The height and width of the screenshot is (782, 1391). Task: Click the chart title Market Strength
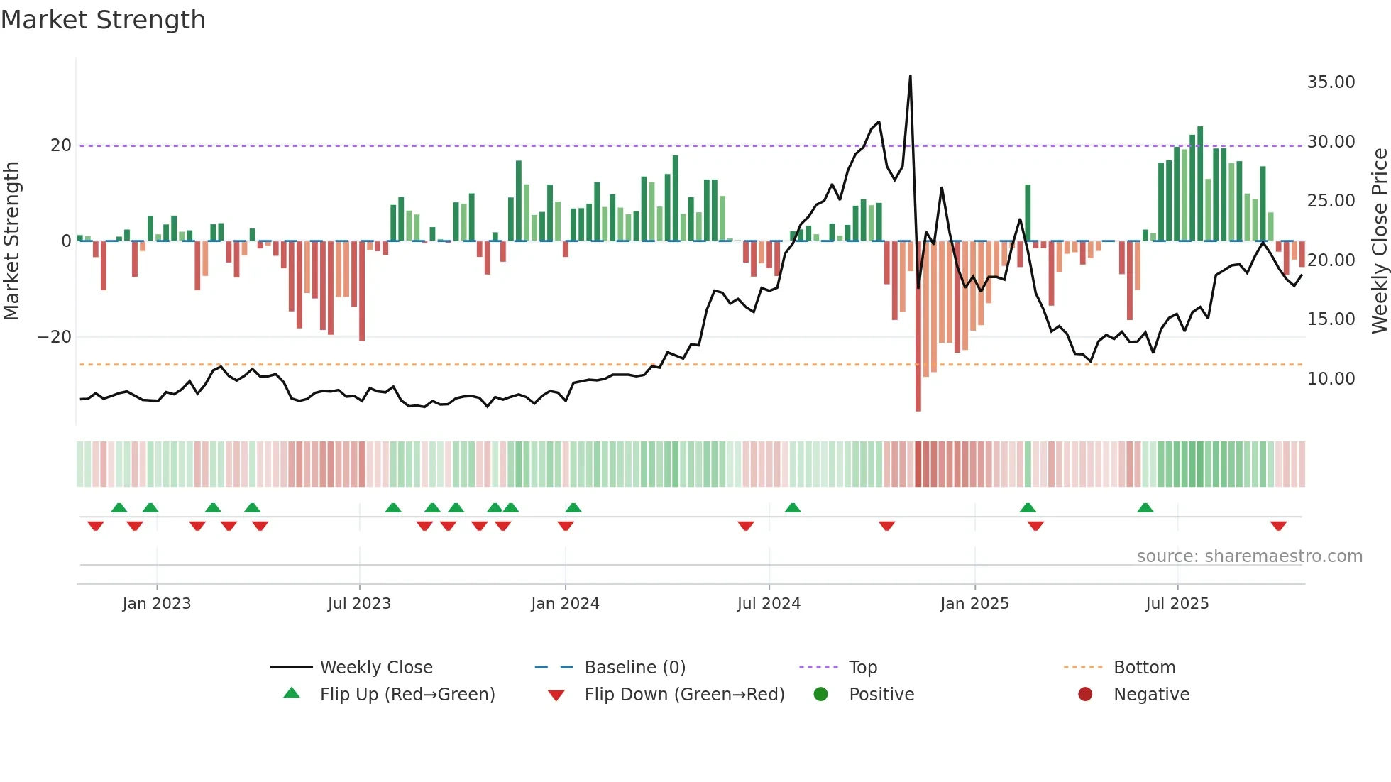click(x=103, y=20)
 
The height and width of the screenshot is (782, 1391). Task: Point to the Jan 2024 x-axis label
click(x=565, y=604)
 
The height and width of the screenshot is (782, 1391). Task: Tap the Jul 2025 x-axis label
click(x=1177, y=604)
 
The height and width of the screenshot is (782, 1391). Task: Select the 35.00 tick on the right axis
click(x=1331, y=82)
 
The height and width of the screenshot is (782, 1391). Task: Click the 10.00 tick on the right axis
click(x=1331, y=379)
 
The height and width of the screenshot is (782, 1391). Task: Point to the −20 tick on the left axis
click(x=55, y=337)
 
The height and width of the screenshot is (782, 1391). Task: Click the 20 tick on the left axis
click(x=61, y=145)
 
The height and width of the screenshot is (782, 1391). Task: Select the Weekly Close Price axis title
click(x=1379, y=241)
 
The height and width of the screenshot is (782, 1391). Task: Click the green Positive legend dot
click(x=821, y=695)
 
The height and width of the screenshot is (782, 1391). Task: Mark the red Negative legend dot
click(x=1085, y=695)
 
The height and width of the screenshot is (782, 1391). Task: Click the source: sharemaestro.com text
click(x=1249, y=556)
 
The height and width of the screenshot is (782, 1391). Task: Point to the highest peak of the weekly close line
click(x=911, y=77)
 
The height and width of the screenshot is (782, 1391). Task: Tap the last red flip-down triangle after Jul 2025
click(x=1278, y=526)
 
